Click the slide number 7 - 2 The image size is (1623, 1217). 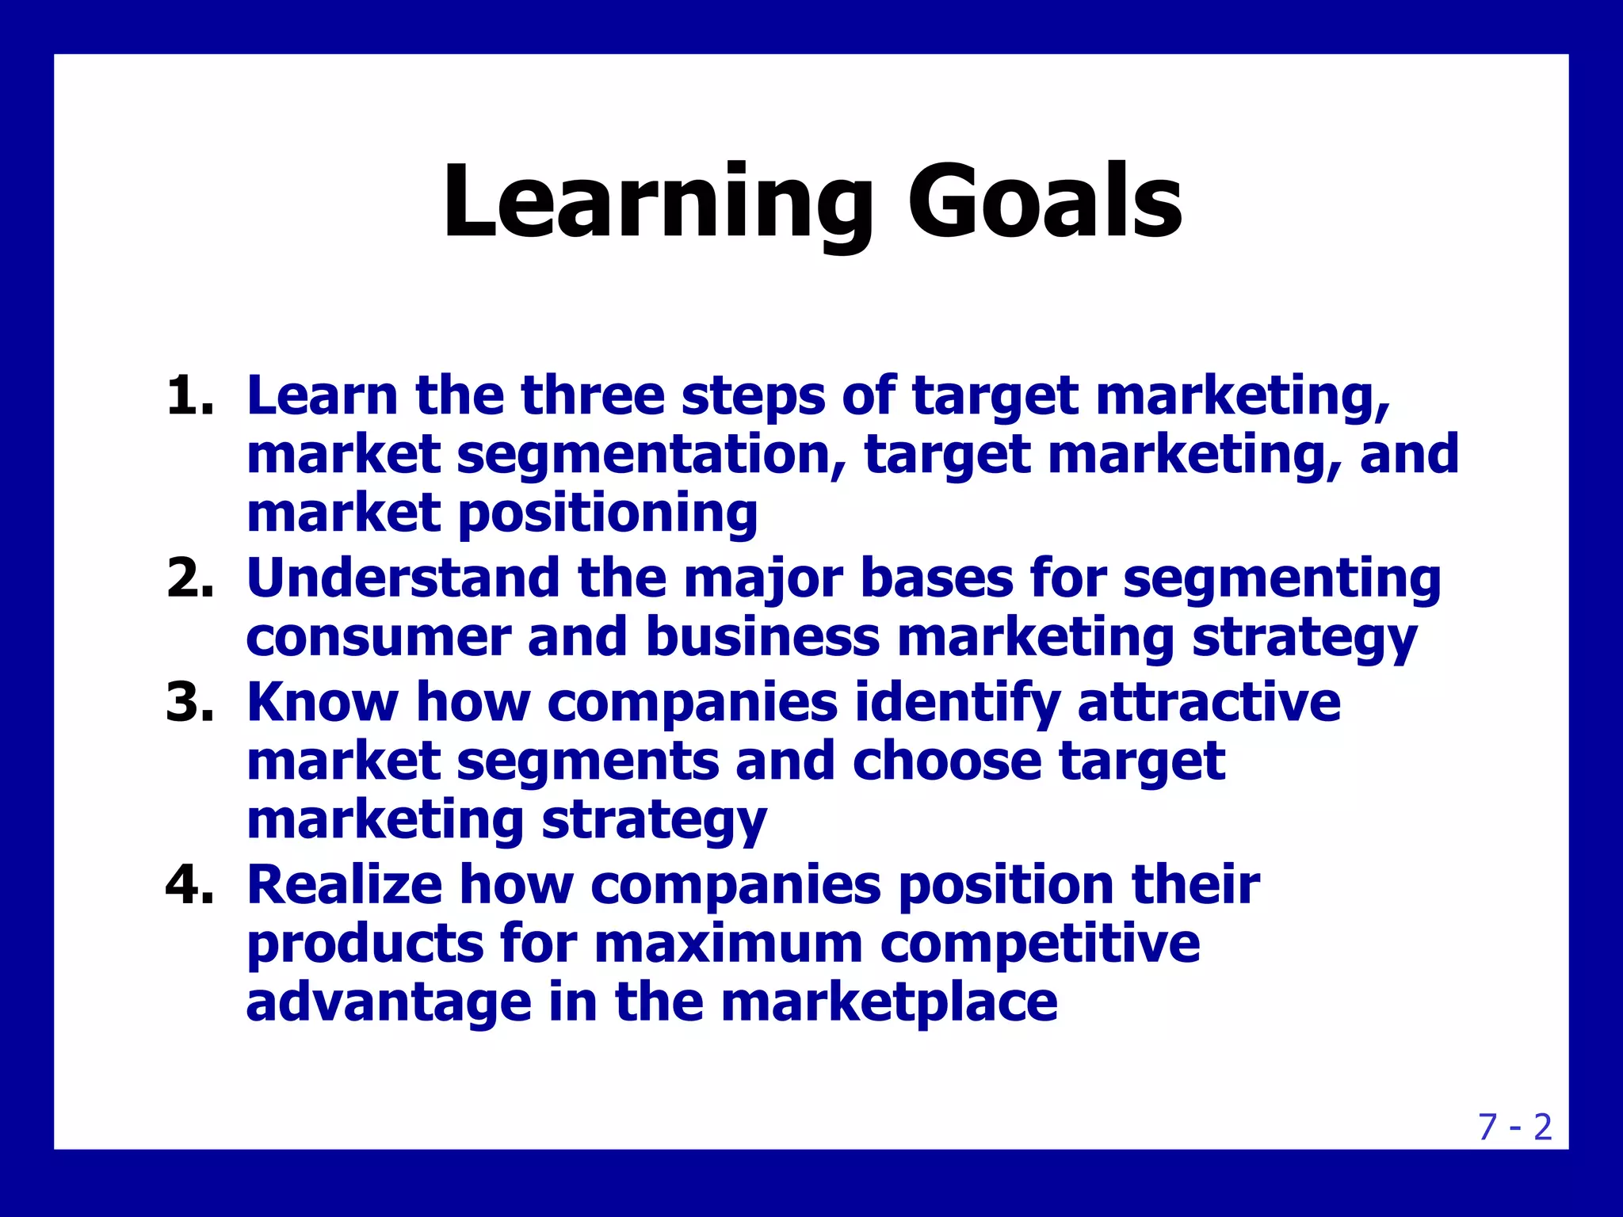1514,1127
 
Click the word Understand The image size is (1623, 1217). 403,578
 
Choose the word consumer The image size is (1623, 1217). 378,637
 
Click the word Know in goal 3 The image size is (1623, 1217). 322,702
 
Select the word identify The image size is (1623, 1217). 957,704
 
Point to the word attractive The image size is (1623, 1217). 1209,702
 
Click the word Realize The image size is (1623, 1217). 344,884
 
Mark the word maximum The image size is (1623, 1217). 727,944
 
